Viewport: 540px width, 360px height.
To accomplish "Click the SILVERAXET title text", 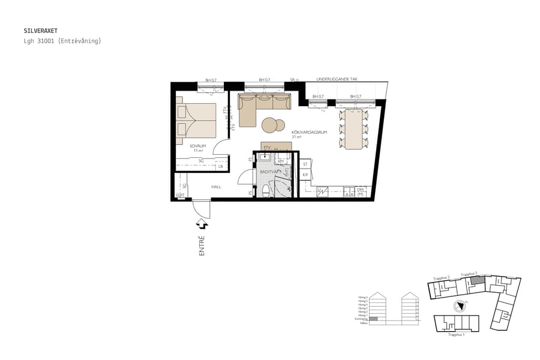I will tap(41, 30).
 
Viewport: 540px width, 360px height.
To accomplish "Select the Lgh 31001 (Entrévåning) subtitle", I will tap(62, 41).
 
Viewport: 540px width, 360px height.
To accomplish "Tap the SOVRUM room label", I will tap(197, 146).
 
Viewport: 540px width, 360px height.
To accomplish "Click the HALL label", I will tap(216, 187).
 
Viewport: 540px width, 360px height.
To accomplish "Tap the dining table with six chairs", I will tap(354, 128).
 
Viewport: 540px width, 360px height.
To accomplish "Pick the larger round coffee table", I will tap(270, 125).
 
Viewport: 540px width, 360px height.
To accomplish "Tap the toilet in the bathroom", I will tap(266, 190).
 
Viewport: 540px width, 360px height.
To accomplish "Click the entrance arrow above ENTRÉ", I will tap(202, 224).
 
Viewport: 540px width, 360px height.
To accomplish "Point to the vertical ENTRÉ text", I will tap(202, 246).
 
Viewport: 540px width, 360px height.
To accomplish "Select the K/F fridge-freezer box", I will tap(305, 175).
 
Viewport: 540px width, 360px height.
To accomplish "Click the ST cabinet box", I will tap(305, 163).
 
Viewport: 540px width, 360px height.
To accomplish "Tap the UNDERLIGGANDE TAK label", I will tap(337, 79).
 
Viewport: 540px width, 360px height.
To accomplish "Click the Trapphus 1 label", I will tap(456, 334).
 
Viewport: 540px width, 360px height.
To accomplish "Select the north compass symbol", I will tap(459, 305).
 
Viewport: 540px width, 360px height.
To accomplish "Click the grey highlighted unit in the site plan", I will tap(476, 280).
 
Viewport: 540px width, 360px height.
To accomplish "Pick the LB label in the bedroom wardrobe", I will tap(220, 166).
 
